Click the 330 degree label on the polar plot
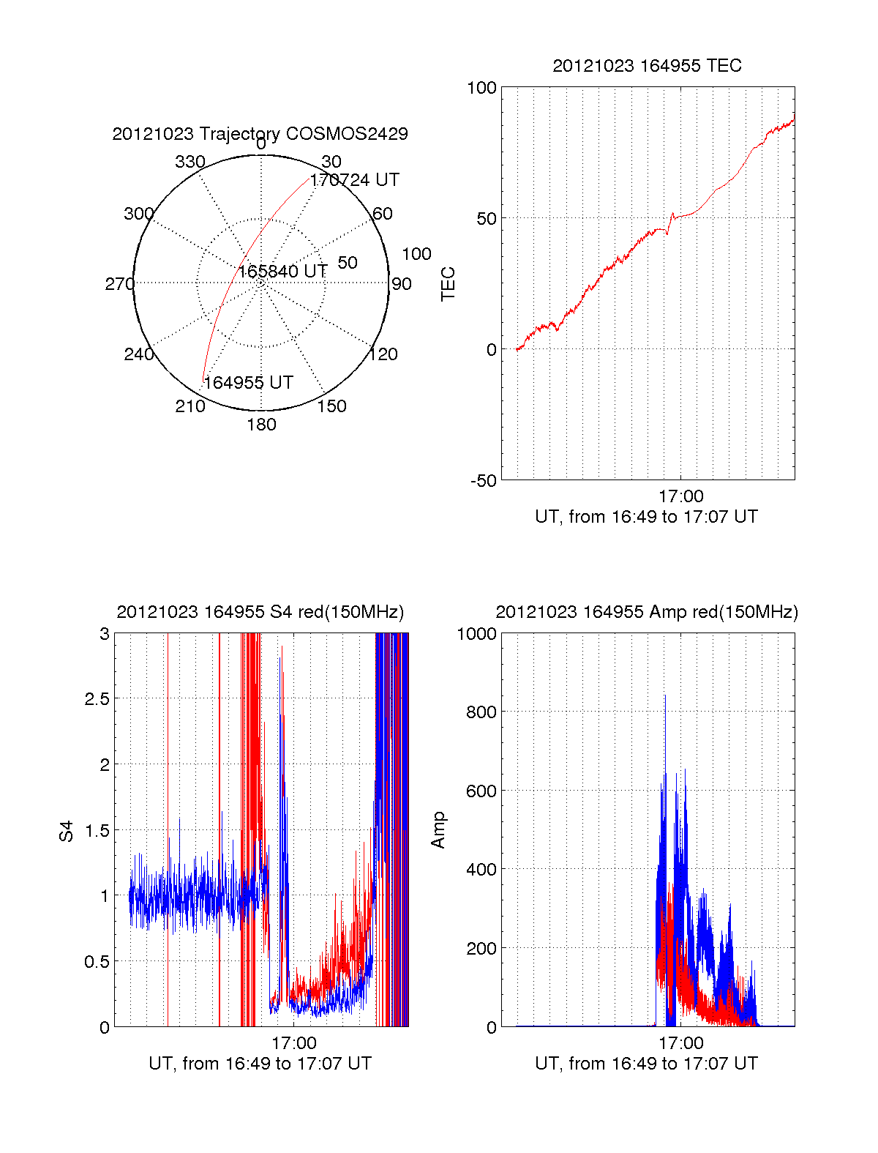pos(190,161)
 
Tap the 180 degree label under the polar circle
pos(261,425)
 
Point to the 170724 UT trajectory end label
pos(354,180)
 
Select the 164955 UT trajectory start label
pos(248,382)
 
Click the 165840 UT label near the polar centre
pos(283,271)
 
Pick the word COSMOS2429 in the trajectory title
pos(347,134)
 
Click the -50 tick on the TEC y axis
pos(484,481)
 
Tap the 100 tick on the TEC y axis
pos(481,88)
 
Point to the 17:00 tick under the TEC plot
pos(680,496)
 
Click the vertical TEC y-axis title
pos(448,283)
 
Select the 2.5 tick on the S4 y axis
pos(97,699)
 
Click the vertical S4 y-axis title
pos(66,830)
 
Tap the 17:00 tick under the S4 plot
pos(294,1042)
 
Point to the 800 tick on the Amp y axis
pos(481,712)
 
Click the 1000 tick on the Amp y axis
pos(476,634)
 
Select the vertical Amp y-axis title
pos(438,830)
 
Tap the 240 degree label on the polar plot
pos(138,354)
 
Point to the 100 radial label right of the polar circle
pos(416,254)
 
